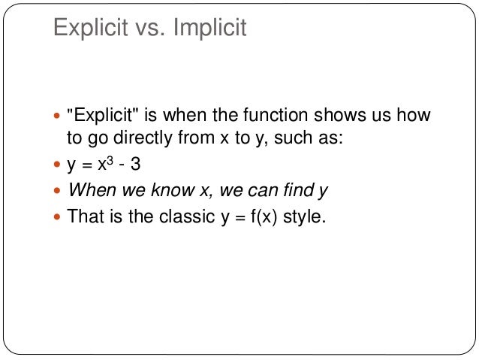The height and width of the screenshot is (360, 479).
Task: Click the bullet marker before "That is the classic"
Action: pyautogui.click(x=59, y=218)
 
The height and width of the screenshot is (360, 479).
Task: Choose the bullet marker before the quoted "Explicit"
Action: pyautogui.click(x=59, y=116)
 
